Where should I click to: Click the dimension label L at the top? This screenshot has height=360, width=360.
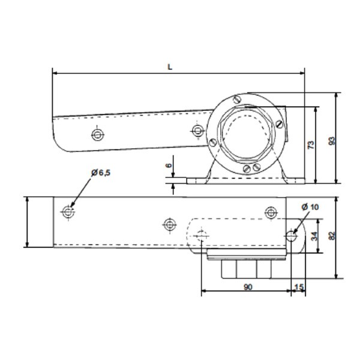[x=170, y=68]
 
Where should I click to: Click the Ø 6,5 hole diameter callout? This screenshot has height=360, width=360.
[x=101, y=172]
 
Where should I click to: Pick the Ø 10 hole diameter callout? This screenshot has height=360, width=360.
[x=310, y=206]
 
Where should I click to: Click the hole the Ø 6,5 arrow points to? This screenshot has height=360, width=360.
[x=68, y=212]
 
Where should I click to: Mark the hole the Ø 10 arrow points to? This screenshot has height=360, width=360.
[x=292, y=235]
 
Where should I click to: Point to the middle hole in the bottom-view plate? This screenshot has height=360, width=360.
[x=169, y=224]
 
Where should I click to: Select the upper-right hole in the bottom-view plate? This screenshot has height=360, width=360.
[x=271, y=212]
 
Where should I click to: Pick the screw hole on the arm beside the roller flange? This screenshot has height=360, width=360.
[x=196, y=130]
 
